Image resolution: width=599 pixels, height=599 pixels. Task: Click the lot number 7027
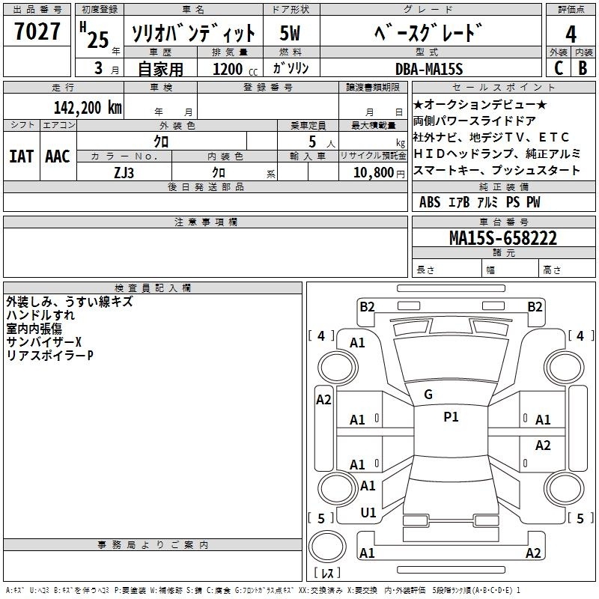[x=37, y=31]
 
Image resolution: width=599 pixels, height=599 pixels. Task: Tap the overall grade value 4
[x=571, y=34]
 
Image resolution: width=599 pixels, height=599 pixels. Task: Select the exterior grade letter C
[x=559, y=68]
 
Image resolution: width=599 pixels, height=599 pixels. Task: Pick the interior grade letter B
[x=583, y=68]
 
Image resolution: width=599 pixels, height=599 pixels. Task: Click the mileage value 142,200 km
[x=88, y=108]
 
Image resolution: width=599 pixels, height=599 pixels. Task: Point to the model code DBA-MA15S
[x=429, y=69]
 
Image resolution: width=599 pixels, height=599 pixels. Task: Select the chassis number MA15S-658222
[x=503, y=238]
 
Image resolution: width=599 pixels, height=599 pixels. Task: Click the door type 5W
[x=290, y=33]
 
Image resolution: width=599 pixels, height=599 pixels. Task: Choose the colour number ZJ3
[x=124, y=173]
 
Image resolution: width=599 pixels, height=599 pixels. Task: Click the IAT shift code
[x=21, y=156]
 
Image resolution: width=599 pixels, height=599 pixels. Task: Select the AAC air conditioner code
[x=58, y=156]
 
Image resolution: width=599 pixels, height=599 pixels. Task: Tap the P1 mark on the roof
[x=451, y=417]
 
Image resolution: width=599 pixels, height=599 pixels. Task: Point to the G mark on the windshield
[x=428, y=395]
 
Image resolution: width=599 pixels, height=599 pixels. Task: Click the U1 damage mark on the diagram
[x=368, y=513]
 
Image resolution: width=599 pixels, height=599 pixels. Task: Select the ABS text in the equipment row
[x=430, y=202]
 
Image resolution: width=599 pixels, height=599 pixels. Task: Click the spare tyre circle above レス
[x=327, y=547]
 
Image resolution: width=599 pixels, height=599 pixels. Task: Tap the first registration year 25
[x=98, y=40]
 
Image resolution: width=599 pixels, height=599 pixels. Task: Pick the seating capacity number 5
[x=312, y=142]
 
